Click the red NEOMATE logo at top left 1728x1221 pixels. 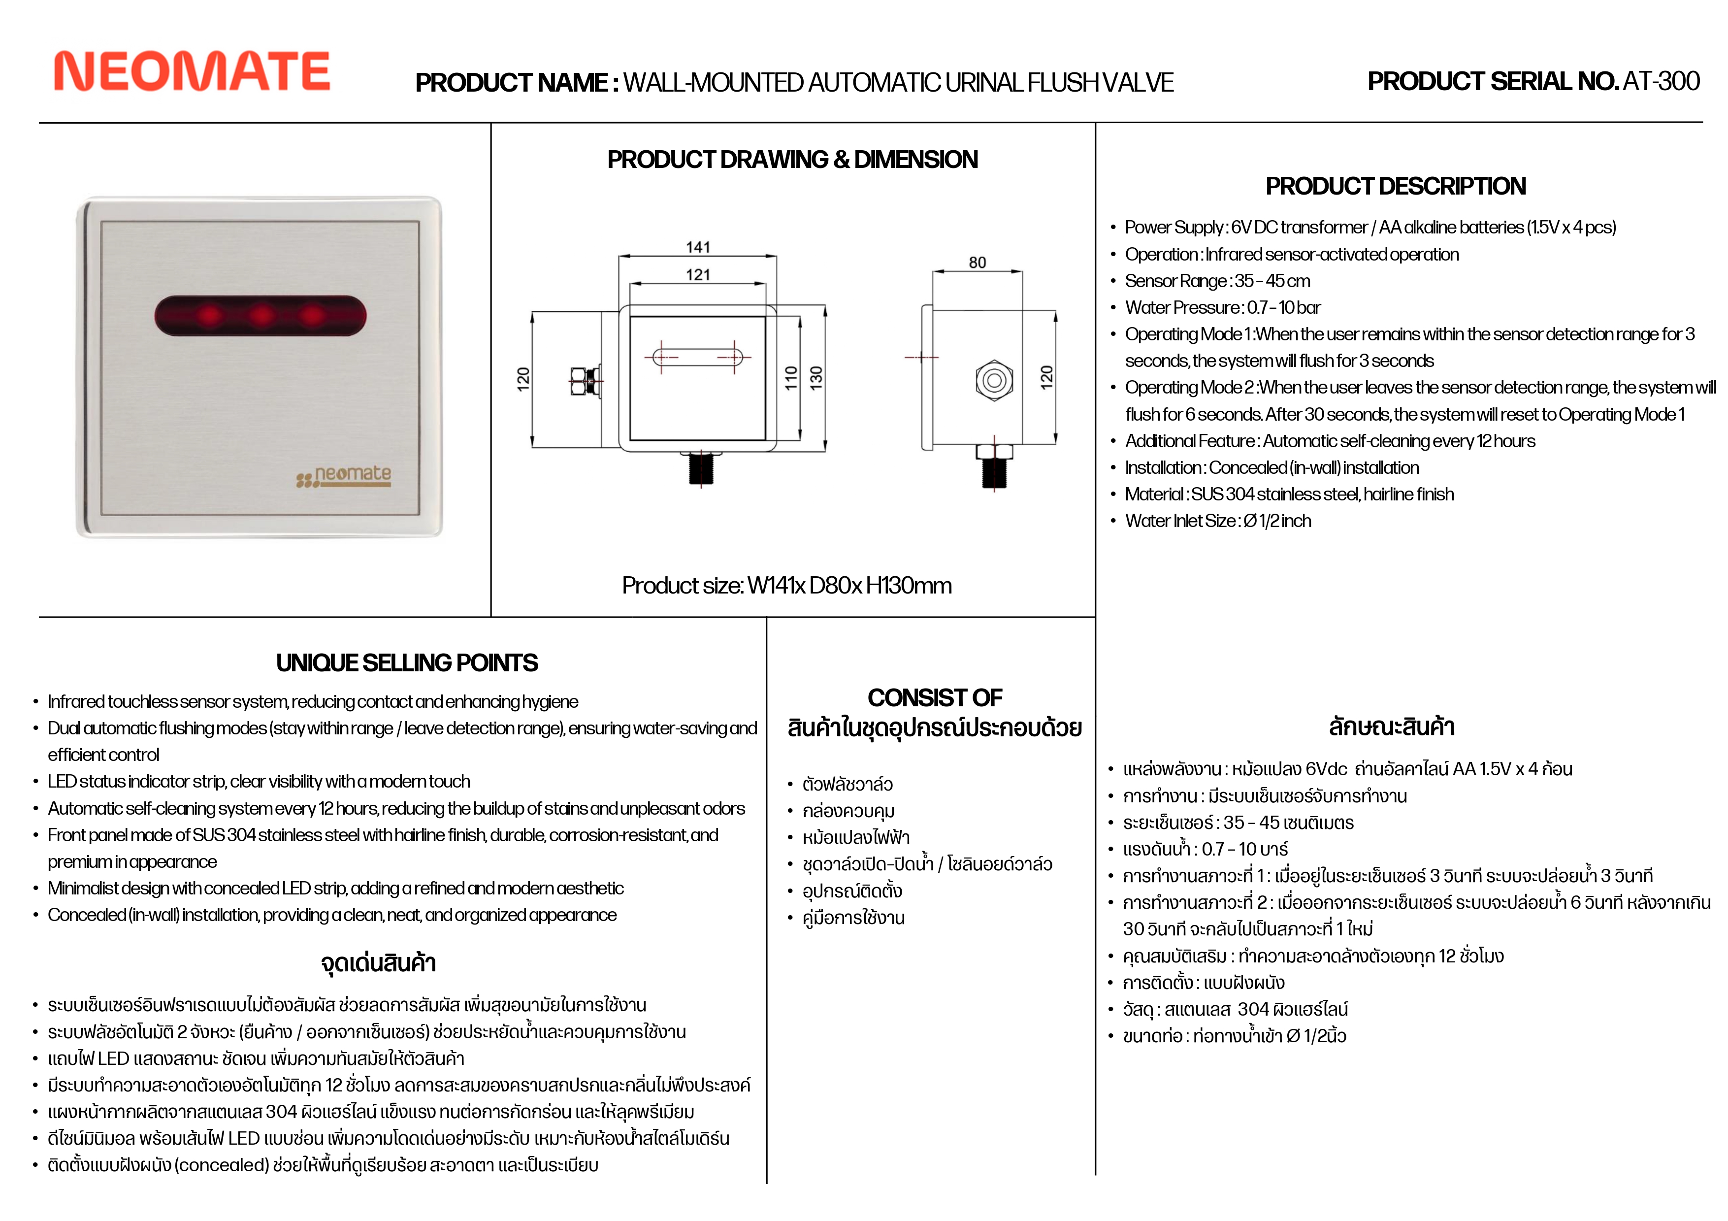pos(192,71)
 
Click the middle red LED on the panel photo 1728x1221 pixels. pos(261,315)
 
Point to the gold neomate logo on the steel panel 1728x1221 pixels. pos(345,476)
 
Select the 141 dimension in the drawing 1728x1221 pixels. pos(698,247)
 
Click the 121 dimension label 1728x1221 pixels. pos(698,275)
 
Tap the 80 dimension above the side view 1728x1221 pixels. pos(977,262)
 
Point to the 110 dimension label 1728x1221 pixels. pos(791,377)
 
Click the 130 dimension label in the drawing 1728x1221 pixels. pos(816,377)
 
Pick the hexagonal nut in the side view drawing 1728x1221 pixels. pos(993,380)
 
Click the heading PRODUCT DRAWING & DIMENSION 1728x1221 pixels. pos(792,160)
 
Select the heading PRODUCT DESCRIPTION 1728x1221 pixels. pos(1395,186)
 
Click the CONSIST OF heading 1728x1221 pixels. pos(935,698)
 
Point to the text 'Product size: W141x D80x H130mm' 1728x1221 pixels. pos(786,585)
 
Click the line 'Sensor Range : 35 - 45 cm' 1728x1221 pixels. pos(1217,281)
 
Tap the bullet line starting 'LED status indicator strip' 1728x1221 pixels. pos(259,781)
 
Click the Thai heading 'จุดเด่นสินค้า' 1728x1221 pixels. pos(379,963)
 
